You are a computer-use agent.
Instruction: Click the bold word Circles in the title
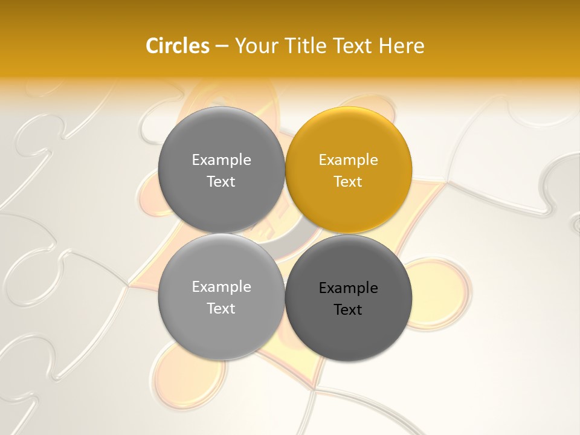[178, 45]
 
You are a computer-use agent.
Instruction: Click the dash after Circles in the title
[222, 46]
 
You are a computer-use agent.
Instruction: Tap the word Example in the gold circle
[348, 160]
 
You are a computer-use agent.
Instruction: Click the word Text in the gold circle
[348, 182]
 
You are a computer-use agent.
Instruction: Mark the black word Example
[348, 288]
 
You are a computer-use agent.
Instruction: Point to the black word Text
[348, 310]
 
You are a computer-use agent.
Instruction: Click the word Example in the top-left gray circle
[221, 160]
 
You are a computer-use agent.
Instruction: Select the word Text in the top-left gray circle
[221, 182]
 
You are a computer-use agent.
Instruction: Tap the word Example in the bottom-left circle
[221, 287]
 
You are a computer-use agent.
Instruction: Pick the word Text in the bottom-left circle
[221, 309]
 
